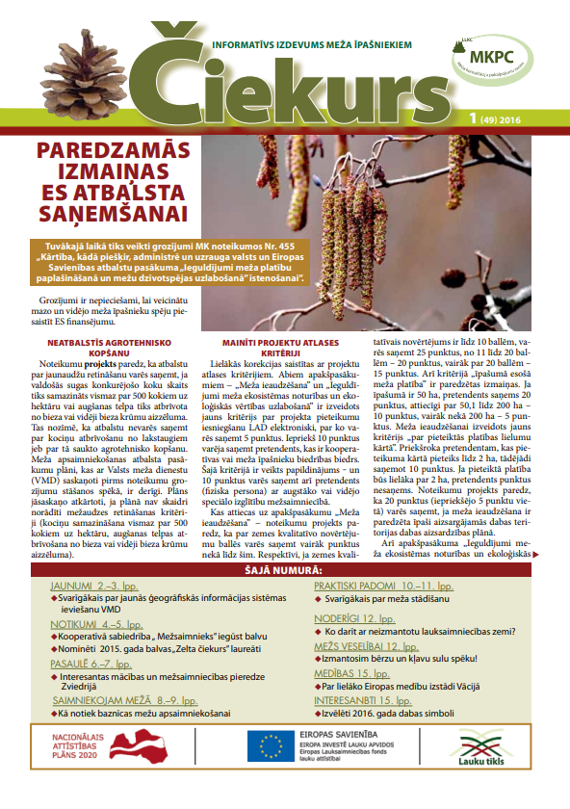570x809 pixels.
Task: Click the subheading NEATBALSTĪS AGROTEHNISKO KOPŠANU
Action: pos(106,348)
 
